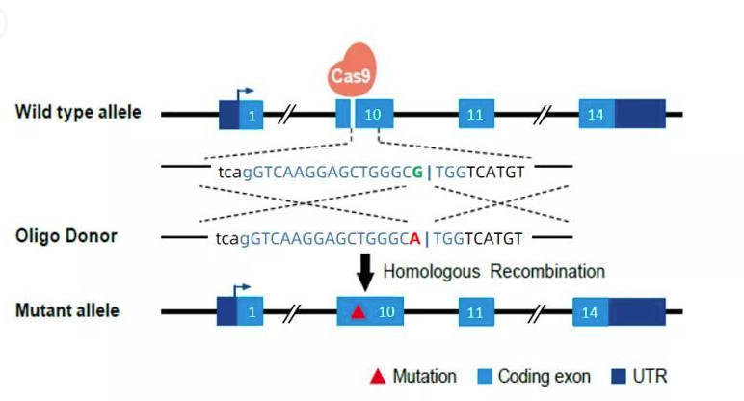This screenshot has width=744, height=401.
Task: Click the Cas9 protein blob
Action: point(354,68)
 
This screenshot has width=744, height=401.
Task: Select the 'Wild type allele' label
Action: point(78,112)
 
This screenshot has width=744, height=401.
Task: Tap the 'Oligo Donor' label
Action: point(66,235)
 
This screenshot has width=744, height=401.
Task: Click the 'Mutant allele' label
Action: point(67,310)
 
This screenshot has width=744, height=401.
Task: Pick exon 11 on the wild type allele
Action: point(474,115)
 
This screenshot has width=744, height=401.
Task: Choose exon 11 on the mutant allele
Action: point(474,312)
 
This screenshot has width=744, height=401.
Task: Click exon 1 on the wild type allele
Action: point(251,116)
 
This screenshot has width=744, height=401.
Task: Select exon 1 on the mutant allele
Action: point(251,312)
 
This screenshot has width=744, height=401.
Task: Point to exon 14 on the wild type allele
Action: point(596,115)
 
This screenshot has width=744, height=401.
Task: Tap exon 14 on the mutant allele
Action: point(590,312)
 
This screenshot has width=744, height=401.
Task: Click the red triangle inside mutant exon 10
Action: point(359,311)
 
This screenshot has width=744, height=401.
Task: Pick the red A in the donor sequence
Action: point(414,238)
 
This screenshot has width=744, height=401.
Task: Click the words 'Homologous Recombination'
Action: point(493,271)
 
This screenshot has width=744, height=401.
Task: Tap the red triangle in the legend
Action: point(378,376)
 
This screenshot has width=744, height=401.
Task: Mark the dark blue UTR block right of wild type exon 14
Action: point(639,115)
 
